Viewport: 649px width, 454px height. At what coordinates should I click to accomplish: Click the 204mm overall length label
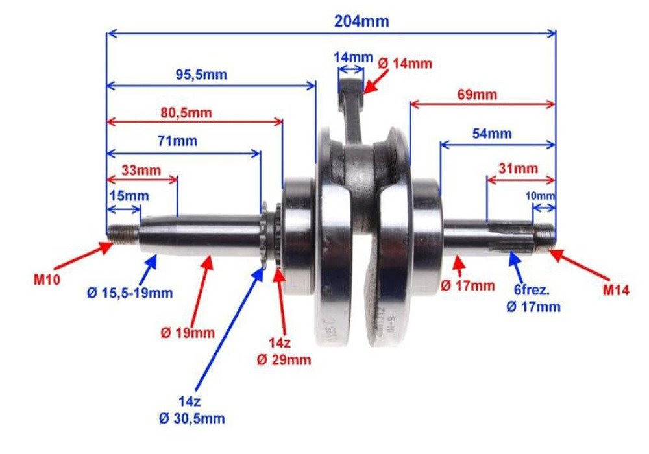click(361, 21)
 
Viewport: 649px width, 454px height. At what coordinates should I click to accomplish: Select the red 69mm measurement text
click(477, 95)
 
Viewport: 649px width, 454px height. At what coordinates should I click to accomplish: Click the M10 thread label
click(48, 281)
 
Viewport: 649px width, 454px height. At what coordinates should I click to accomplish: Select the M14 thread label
click(615, 291)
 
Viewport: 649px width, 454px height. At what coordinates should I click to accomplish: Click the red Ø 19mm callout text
click(188, 333)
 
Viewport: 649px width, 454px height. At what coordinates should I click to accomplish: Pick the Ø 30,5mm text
click(193, 419)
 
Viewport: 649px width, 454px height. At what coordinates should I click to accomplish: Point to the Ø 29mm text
click(284, 360)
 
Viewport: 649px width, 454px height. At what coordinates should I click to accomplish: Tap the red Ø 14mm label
click(404, 64)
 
